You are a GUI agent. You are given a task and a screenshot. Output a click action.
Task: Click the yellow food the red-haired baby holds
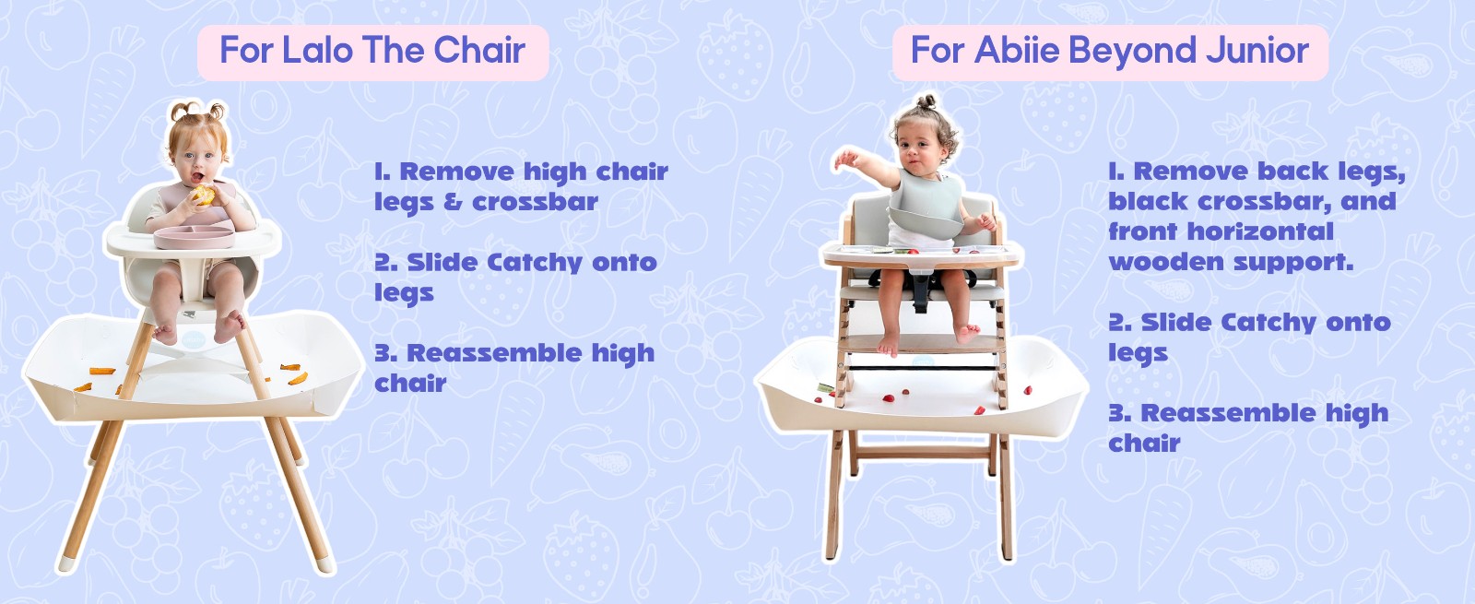pos(203,195)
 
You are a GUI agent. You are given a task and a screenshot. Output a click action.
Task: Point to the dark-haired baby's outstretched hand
pos(844,159)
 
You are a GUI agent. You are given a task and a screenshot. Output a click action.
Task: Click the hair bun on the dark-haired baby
pos(928,101)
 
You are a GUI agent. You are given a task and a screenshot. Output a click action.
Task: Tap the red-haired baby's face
pos(196,161)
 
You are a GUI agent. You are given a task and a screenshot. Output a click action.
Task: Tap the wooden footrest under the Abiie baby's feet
pos(922,342)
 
